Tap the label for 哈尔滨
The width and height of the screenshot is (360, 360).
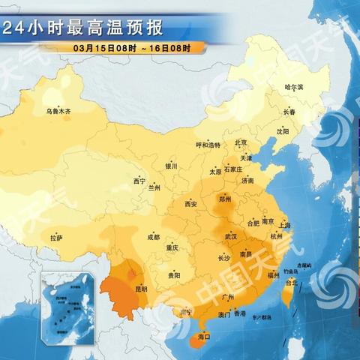click(x=294, y=88)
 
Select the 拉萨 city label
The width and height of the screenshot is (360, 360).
click(x=56, y=238)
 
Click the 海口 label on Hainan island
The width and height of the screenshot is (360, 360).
click(x=203, y=337)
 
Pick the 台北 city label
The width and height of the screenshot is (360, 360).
click(x=292, y=283)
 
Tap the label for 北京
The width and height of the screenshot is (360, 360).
click(x=241, y=142)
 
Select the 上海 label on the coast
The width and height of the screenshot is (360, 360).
click(x=284, y=224)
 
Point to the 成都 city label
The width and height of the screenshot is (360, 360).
click(x=153, y=237)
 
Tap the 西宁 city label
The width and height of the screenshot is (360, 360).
click(x=139, y=181)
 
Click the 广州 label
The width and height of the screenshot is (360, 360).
click(x=229, y=298)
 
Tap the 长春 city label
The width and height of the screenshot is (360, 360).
click(x=289, y=112)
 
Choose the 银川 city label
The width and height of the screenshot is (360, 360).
click(x=172, y=166)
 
